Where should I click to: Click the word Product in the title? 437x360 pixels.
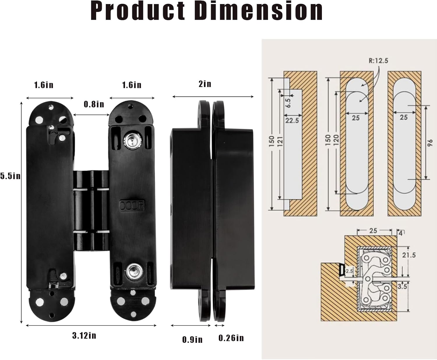pyautogui.click(x=138, y=11)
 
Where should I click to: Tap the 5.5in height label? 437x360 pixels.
pyautogui.click(x=10, y=176)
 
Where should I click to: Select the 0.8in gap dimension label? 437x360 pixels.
pyautogui.click(x=94, y=104)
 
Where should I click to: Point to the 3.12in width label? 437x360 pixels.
pyautogui.click(x=84, y=336)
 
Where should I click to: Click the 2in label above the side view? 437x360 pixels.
pyautogui.click(x=205, y=84)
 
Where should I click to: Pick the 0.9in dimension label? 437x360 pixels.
pyautogui.click(x=192, y=340)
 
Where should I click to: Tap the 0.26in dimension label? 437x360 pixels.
pyautogui.click(x=231, y=338)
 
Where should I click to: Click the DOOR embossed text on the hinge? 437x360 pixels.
pyautogui.click(x=132, y=206)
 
